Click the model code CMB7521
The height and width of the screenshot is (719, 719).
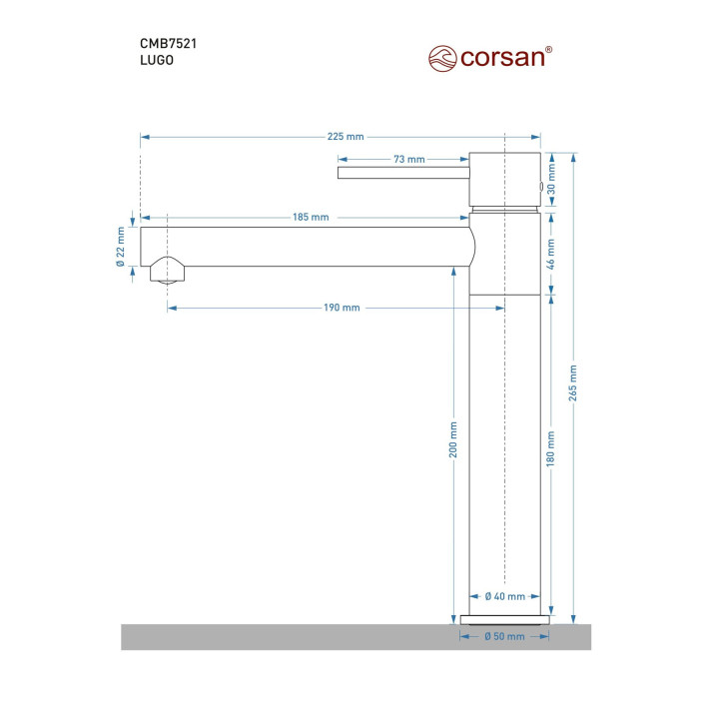click(169, 44)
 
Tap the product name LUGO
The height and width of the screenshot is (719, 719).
click(157, 60)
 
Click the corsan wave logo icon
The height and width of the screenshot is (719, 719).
click(442, 59)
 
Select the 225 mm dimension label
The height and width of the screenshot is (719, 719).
click(346, 137)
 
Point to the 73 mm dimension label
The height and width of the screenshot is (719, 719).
click(409, 159)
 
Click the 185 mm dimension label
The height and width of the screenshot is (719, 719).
click(311, 217)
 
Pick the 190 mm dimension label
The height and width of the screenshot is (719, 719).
click(342, 308)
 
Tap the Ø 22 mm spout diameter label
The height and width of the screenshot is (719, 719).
click(121, 247)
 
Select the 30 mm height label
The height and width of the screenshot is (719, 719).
click(551, 180)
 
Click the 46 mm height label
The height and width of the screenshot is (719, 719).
click(551, 254)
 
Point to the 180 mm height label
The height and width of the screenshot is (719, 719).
click(550, 449)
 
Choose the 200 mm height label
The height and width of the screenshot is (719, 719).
click(453, 439)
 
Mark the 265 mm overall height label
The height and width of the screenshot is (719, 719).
click(573, 382)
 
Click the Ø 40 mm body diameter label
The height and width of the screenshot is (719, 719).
click(505, 596)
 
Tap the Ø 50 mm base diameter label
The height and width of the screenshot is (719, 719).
click(504, 636)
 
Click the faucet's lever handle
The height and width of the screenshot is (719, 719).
click(403, 173)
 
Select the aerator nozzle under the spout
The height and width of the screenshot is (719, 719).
click(168, 271)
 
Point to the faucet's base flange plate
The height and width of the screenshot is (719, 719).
click(505, 620)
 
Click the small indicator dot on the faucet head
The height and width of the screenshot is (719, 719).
click(541, 187)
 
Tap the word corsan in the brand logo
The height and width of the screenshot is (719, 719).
click(502, 58)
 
